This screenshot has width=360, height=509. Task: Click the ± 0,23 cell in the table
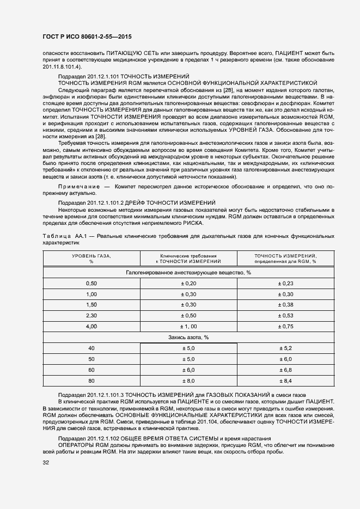[286, 283]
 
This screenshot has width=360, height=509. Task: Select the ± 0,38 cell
[286, 305]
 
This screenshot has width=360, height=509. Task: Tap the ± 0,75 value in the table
[286, 327]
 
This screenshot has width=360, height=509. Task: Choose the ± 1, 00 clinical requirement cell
[188, 327]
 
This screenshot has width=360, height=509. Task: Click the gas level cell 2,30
[91, 316]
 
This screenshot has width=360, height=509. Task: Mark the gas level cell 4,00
[91, 327]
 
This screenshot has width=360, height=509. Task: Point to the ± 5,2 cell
[286, 348]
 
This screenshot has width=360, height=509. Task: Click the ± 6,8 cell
[286, 370]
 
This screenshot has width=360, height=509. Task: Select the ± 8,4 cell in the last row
[286, 381]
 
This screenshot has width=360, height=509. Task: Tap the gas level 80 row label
[91, 381]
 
